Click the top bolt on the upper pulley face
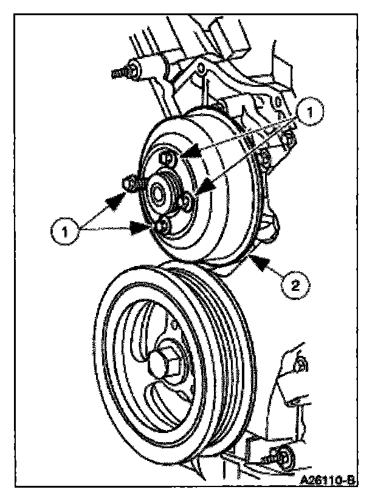[167, 159]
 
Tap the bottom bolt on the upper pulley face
[162, 226]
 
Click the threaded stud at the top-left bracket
[122, 72]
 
